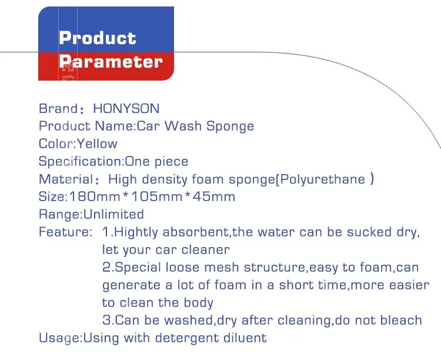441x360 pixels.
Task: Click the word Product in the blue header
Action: click(97, 38)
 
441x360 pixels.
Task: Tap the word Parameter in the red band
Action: click(111, 62)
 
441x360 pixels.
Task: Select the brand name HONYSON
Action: click(126, 109)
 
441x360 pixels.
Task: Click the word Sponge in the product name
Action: click(230, 126)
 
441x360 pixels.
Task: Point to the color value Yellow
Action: click(97, 144)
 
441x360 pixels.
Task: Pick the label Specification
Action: click(80, 162)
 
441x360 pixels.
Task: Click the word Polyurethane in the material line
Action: click(323, 179)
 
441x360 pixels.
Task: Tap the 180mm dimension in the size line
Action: click(95, 196)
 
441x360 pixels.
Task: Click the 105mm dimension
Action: click(157, 196)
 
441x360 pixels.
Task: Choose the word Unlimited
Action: click(113, 214)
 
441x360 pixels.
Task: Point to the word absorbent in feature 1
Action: click(196, 232)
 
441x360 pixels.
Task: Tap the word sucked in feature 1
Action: click(369, 232)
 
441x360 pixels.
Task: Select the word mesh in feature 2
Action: click(222, 268)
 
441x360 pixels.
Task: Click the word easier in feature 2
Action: click(409, 285)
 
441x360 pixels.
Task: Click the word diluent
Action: click(245, 338)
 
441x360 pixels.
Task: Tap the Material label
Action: click(66, 179)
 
